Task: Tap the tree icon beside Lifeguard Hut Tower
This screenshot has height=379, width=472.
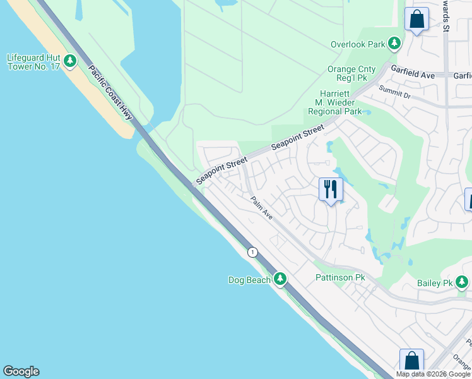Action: point(70,61)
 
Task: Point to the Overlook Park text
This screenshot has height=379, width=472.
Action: point(358,44)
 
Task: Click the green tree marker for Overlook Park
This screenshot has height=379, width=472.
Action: point(394,43)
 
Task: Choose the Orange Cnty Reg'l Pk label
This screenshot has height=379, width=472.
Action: point(351,69)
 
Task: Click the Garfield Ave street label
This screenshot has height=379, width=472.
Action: point(413,75)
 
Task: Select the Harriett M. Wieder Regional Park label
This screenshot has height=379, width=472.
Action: point(334,102)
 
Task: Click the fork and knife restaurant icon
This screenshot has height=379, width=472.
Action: point(330,189)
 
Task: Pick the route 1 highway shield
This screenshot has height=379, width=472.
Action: point(252,252)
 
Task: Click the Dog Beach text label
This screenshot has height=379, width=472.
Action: point(249,280)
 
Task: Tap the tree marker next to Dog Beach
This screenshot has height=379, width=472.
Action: point(280,279)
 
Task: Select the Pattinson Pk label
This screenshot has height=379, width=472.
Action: point(340,278)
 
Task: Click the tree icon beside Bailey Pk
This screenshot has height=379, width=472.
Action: point(464,282)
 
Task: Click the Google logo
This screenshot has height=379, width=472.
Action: point(21,371)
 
